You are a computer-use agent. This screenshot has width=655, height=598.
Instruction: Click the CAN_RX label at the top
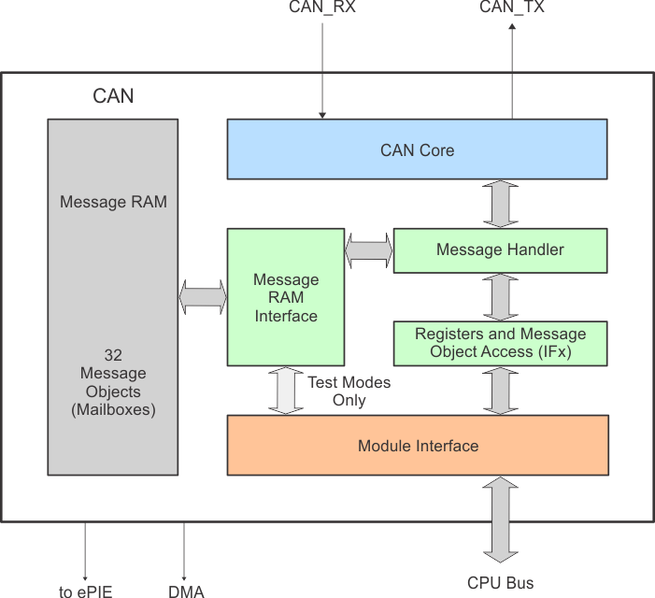point(322,7)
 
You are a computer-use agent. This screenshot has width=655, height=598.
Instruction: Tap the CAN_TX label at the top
point(511,7)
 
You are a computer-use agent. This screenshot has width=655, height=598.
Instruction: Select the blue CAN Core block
point(417,149)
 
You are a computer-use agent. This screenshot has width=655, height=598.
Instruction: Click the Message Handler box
point(500,249)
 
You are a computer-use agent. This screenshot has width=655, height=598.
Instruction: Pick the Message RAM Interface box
point(286,298)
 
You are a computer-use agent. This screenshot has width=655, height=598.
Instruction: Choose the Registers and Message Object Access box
point(500,343)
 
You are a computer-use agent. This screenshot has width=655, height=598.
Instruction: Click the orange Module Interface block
point(418,446)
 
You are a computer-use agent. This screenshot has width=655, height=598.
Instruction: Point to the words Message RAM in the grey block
point(113,201)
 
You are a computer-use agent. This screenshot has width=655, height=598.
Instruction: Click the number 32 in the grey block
point(113,356)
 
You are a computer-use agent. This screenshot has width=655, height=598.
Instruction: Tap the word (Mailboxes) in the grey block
point(113,409)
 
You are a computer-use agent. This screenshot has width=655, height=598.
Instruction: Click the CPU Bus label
point(501,583)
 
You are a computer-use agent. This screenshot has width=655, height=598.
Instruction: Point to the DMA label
point(186,591)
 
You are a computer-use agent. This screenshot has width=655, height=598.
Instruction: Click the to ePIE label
point(86,591)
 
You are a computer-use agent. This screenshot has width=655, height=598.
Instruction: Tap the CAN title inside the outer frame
point(113,96)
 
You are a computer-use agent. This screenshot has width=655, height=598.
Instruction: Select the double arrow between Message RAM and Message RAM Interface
point(203,298)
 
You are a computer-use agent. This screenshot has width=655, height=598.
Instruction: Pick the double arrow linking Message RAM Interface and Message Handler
point(369,249)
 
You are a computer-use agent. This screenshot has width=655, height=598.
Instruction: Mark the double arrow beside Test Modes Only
point(286,391)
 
